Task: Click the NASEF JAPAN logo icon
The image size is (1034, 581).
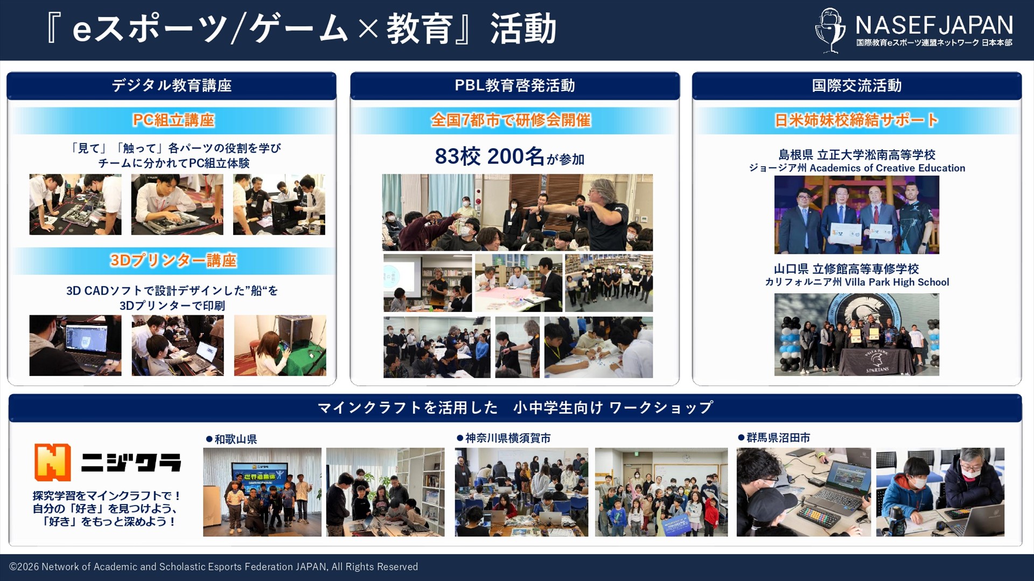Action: pos(830,30)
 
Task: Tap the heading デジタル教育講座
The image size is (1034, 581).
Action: pos(171,86)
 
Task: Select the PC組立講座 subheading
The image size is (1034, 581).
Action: pos(173,120)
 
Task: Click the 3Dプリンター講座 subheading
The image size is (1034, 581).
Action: pos(173,260)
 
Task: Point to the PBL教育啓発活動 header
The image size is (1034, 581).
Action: pos(514,86)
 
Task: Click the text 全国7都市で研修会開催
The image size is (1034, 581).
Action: pos(511,120)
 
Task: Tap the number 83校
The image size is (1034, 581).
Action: pos(457,157)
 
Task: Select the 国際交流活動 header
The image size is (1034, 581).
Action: pos(856,86)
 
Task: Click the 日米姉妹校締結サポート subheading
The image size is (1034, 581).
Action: pos(856,120)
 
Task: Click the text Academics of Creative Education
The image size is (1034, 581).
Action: pos(887,168)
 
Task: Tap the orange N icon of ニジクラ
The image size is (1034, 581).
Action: pos(53,462)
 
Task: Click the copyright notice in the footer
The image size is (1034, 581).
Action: pos(213,566)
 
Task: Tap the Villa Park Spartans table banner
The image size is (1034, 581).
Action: pos(876,361)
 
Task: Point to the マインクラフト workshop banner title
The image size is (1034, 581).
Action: pos(515,408)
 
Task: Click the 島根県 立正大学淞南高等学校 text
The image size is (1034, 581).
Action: pos(857,155)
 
